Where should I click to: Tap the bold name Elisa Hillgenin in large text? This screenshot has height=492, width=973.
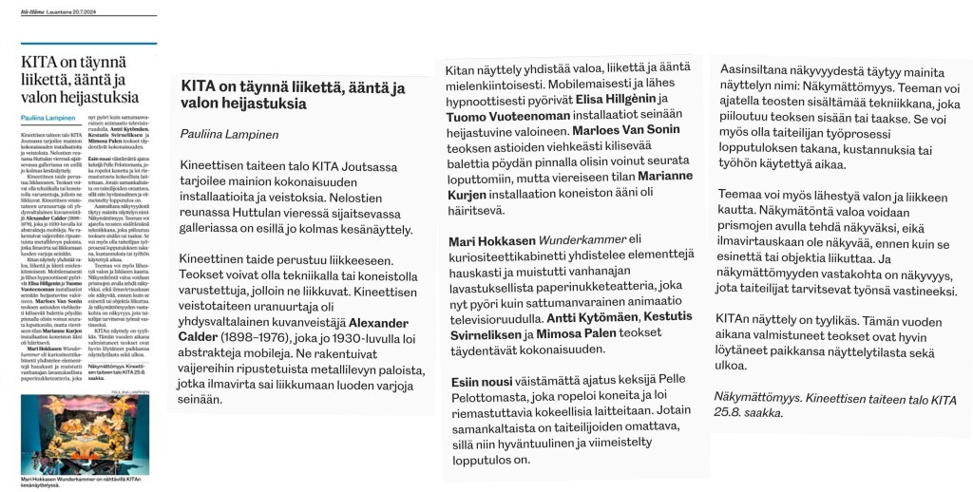[614, 99]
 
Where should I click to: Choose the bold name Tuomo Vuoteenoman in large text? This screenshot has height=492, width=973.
[511, 116]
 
